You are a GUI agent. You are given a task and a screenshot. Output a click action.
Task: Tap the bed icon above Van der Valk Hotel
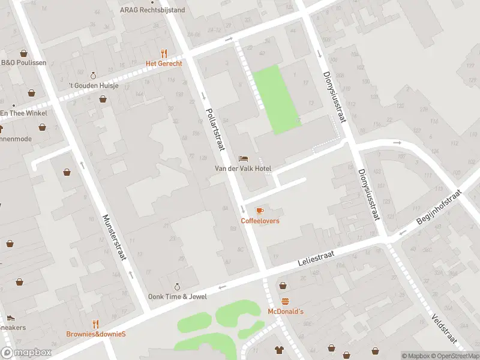243,158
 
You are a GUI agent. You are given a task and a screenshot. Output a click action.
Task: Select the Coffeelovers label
260,221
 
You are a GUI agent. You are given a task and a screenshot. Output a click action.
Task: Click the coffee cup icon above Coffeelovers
260,211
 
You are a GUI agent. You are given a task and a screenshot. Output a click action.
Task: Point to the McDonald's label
286,311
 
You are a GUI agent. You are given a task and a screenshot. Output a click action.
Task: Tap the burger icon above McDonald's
286,301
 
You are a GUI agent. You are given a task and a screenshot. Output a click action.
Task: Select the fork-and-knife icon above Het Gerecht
164,53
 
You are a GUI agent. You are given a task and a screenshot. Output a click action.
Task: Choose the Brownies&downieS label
96,334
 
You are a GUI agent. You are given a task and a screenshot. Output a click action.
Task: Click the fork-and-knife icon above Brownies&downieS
96,324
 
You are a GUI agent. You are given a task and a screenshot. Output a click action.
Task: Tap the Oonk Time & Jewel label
177,297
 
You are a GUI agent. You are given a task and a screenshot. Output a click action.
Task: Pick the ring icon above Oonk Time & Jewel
177,287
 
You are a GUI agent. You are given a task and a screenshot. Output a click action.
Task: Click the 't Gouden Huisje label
93,86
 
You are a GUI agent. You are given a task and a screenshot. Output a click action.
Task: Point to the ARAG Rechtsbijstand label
152,10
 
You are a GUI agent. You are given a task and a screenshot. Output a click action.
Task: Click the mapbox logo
26,353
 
